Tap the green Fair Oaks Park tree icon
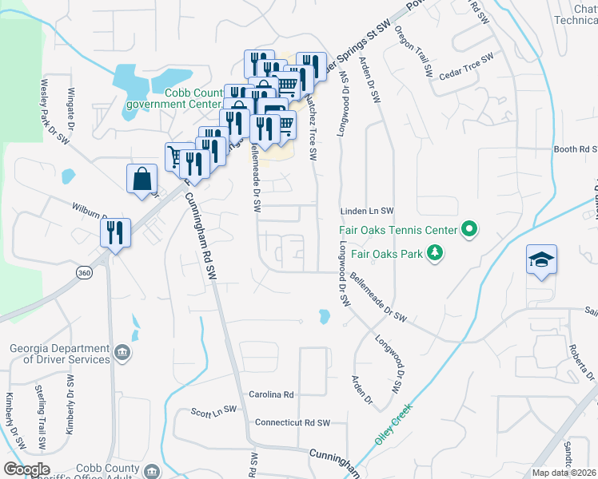(x=435, y=254)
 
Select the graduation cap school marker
(x=541, y=260)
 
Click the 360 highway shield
(x=84, y=273)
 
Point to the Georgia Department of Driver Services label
(x=60, y=354)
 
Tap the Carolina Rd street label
(x=271, y=394)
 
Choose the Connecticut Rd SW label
(x=292, y=422)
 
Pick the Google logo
(x=26, y=469)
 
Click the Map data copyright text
(x=564, y=473)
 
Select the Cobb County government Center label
(x=193, y=98)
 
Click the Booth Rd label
(x=576, y=149)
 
